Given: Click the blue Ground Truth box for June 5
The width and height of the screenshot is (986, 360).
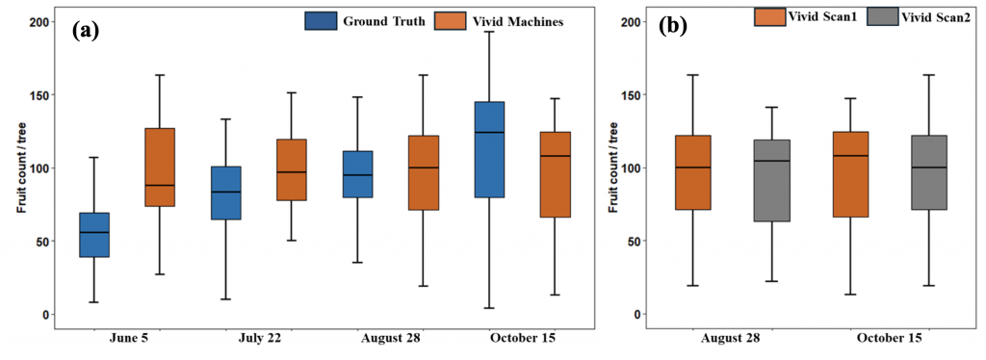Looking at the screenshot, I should pos(94,235).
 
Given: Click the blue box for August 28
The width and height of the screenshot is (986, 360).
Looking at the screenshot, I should pos(357,174).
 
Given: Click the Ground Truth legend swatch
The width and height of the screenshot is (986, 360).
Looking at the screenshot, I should pos(321,20).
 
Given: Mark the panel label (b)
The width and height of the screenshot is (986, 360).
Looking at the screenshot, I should pos(671,27).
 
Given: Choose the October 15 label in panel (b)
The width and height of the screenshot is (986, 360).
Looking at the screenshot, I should pos(889,340).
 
